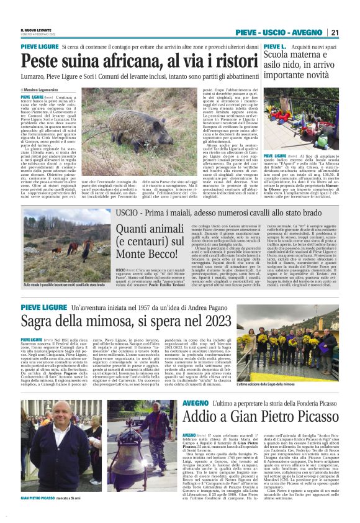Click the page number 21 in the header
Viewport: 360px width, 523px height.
point(335,32)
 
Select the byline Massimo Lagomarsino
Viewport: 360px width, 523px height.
point(47,90)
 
